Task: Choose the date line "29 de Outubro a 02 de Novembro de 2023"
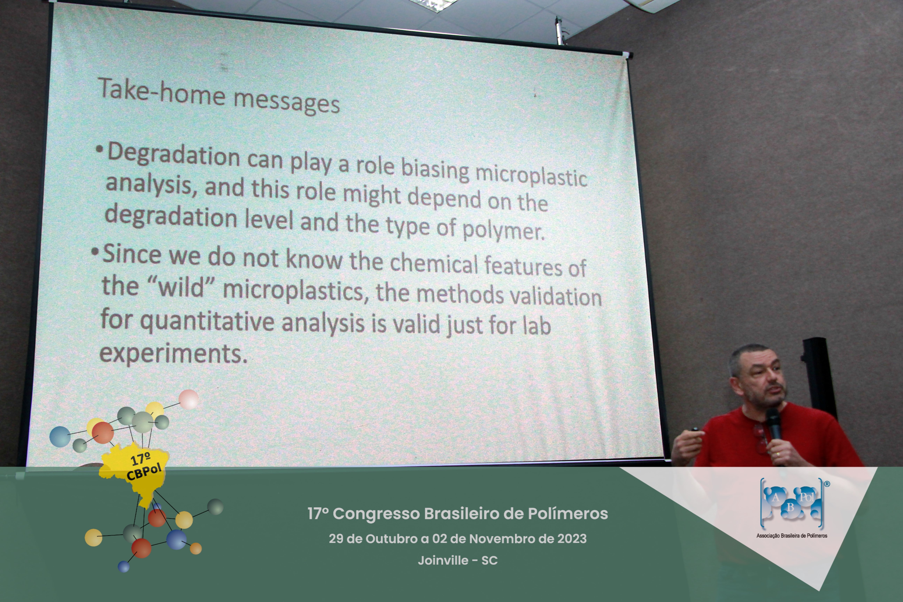[x=458, y=539]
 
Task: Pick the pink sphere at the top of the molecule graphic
[x=188, y=399]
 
